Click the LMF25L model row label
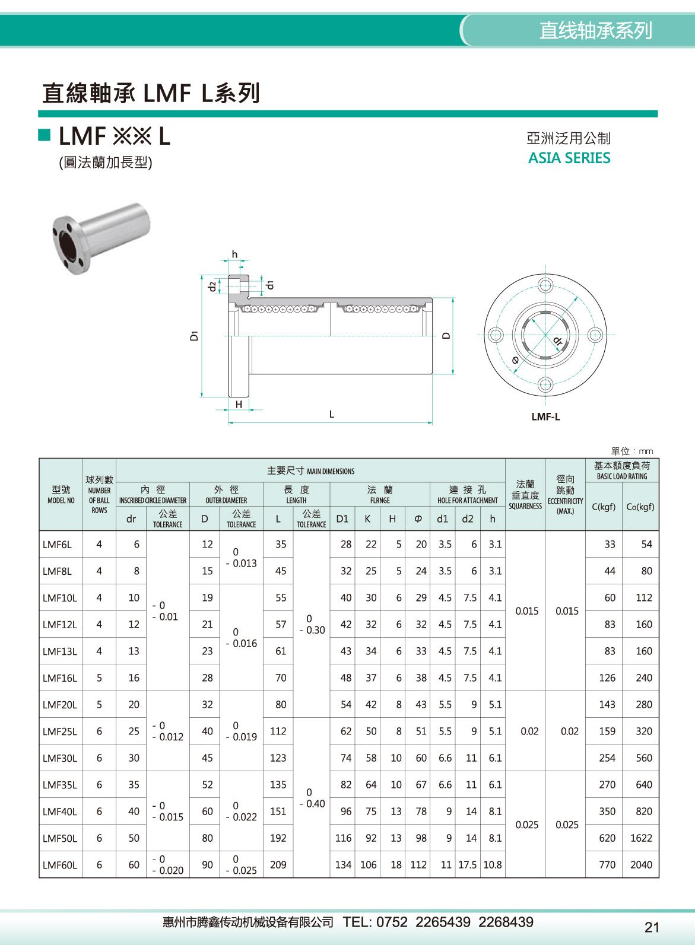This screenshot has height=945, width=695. coord(60,731)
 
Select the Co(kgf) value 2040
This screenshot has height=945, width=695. coord(641,865)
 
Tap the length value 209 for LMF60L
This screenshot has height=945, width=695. coord(278,865)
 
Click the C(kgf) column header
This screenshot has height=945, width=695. coord(604,507)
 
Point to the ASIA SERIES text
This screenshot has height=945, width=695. coord(569,158)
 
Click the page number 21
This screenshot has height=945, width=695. coord(652,927)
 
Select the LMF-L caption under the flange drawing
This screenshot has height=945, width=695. coord(545,416)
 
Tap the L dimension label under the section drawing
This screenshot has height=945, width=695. coord(332,414)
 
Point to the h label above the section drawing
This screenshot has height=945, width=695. coord(234,254)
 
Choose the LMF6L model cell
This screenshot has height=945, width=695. coord(57,545)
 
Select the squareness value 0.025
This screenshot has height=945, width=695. coord(527,825)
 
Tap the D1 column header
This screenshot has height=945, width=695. coord(342,518)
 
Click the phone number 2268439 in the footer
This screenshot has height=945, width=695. coord(506,922)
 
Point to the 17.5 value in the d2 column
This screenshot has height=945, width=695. coord(467,865)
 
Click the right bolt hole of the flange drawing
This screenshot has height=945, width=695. coord(595,335)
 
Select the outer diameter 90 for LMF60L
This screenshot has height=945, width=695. coord(207,865)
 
